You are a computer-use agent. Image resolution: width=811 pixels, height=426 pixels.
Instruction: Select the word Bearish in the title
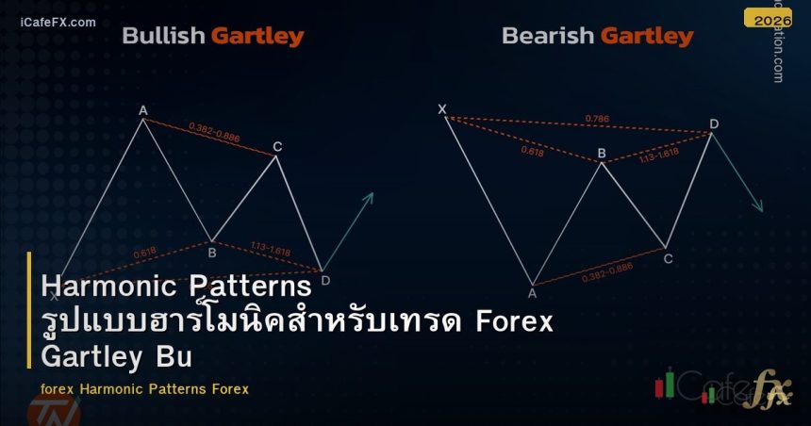547,37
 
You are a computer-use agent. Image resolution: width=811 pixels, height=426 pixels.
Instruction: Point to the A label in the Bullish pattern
143,110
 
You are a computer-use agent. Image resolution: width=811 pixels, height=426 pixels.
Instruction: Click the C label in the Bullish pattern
277,146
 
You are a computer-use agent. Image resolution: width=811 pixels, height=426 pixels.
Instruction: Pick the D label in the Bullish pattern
325,280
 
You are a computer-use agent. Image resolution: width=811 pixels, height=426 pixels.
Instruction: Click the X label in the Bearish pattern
441,109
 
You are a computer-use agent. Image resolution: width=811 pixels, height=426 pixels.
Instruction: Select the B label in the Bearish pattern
602,154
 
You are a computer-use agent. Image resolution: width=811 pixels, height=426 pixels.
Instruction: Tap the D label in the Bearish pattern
714,123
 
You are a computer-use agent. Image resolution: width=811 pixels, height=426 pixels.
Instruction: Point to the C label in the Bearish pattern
668,258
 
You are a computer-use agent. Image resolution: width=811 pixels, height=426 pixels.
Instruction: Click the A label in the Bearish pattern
532,293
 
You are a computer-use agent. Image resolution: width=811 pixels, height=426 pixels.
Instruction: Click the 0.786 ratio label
596,119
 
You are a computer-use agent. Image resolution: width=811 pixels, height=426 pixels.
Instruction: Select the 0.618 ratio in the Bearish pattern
532,149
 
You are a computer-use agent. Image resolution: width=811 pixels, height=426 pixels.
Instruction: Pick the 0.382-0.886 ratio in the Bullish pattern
214,132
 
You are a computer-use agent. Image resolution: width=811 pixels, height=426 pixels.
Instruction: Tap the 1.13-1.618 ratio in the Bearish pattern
658,153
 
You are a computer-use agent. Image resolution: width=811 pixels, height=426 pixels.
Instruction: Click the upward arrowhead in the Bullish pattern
370,196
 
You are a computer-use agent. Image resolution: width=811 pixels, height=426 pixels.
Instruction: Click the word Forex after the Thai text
514,321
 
